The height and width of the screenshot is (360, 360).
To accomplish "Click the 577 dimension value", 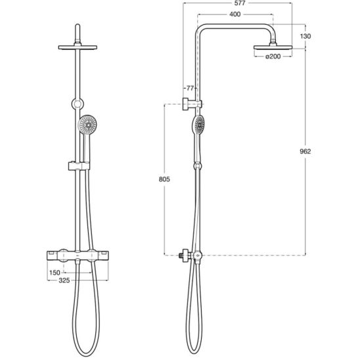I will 235,5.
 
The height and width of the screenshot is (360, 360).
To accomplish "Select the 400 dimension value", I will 235,14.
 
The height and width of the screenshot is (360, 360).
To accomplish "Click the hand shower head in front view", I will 87,124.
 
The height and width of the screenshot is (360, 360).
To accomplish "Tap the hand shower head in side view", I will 199,124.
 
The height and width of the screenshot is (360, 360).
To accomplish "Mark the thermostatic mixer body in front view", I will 78,254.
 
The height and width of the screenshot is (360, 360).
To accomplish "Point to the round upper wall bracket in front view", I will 78,103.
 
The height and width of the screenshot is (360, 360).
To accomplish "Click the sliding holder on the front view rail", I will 78,163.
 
